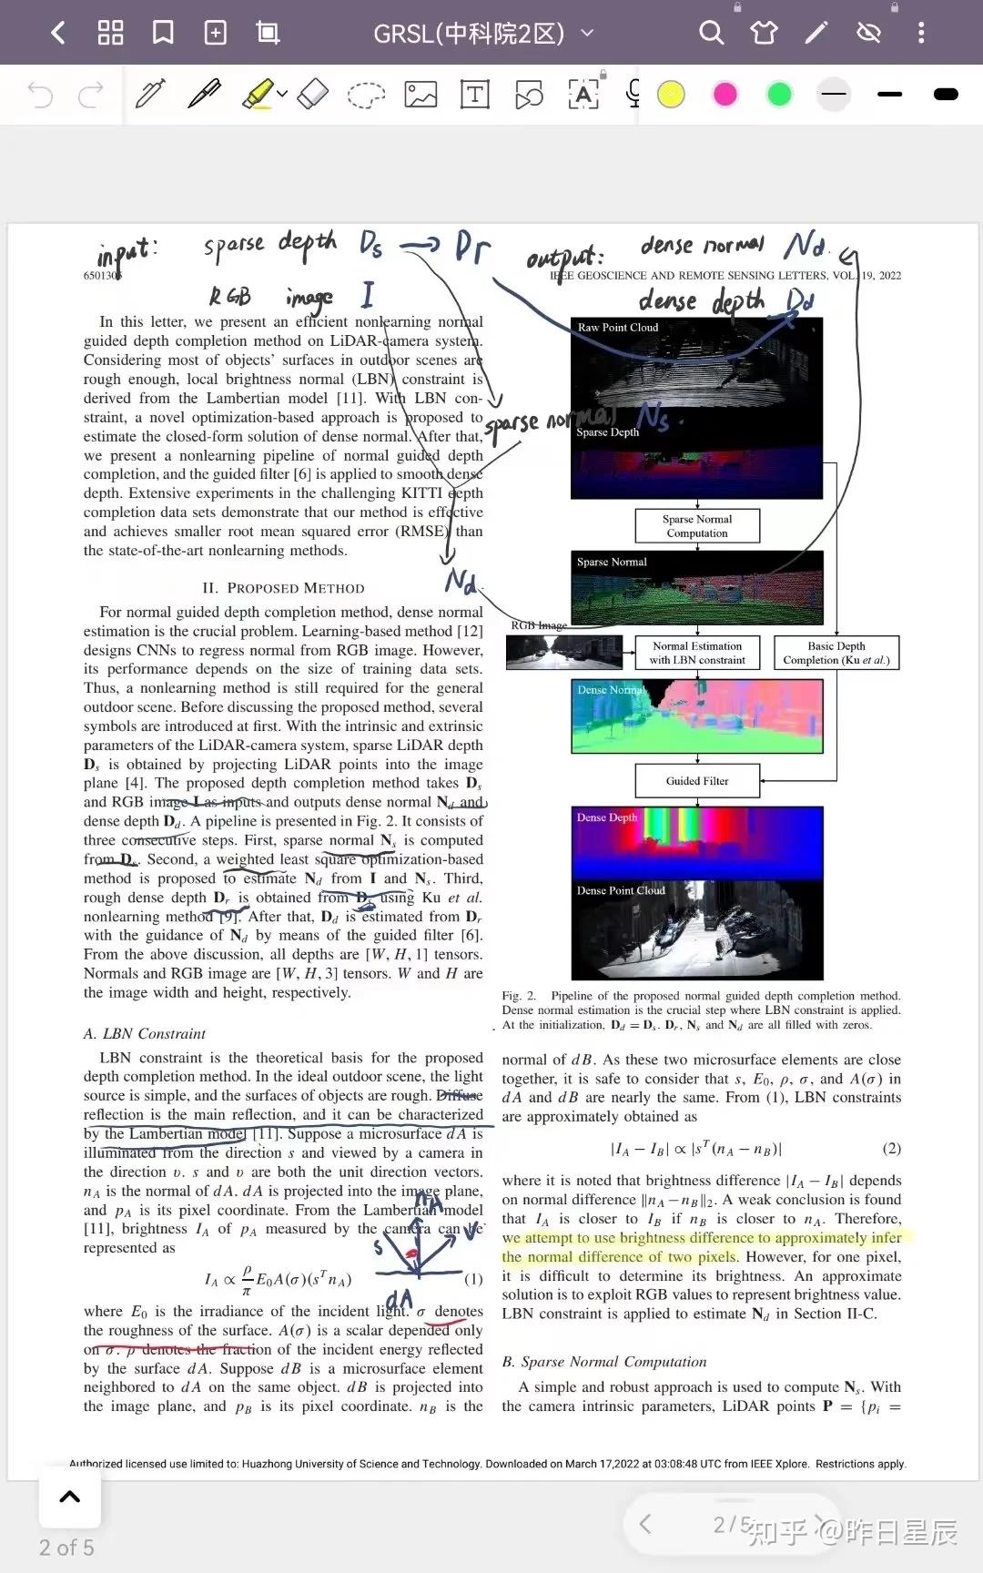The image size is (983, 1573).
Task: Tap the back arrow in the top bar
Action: [x=58, y=34]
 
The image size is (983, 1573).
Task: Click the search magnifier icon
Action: [x=711, y=34]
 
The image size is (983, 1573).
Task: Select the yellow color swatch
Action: [x=671, y=95]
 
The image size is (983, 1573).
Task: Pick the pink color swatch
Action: [x=725, y=95]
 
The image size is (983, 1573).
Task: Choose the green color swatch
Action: [x=779, y=95]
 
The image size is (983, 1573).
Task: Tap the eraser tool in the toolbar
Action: [x=312, y=94]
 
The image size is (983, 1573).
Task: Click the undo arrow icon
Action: [x=40, y=95]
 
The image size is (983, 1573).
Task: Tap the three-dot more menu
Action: [x=921, y=34]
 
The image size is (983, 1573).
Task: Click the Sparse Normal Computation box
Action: [x=697, y=526]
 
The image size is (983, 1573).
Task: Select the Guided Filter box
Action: [x=697, y=781]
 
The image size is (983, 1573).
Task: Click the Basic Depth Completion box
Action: [x=836, y=653]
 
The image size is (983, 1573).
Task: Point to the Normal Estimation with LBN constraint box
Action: [x=697, y=653]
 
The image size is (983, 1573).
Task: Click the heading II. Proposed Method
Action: [x=283, y=588]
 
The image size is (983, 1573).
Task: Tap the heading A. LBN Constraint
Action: [x=145, y=1033]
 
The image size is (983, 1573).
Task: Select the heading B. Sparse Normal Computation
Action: [x=604, y=1362]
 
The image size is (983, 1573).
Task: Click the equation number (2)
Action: [x=892, y=1149]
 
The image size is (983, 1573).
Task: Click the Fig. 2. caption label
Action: [x=519, y=996]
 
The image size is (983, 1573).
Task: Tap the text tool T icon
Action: [x=475, y=95]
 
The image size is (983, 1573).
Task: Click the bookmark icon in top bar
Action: [x=163, y=34]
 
